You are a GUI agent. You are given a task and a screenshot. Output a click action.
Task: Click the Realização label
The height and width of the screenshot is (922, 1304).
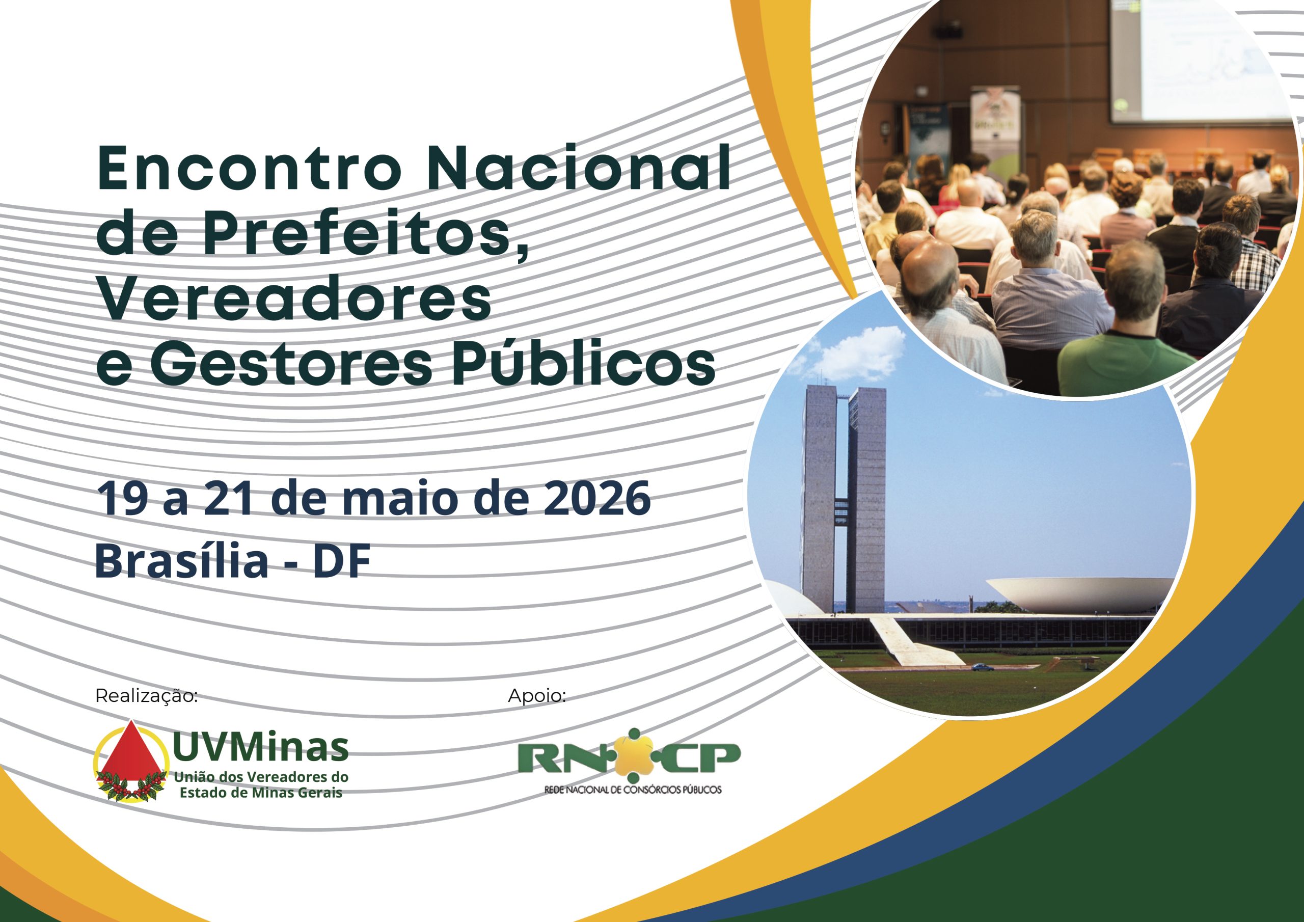click(147, 696)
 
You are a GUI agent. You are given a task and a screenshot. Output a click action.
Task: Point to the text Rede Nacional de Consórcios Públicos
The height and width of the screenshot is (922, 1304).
click(633, 790)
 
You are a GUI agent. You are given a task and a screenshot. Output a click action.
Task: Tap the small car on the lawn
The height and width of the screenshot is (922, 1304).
click(982, 667)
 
